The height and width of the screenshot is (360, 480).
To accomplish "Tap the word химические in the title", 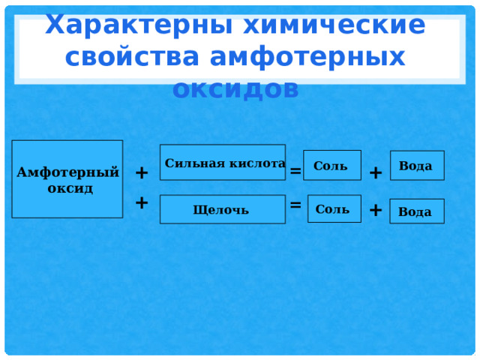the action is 334,25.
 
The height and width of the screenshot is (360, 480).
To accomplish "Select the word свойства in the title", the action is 132,57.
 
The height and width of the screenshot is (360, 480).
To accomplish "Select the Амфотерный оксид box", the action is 67,179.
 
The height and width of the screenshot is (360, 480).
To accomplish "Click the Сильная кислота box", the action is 223,162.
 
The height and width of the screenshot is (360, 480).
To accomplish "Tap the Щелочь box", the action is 223,209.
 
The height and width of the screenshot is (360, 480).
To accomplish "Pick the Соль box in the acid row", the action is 332,165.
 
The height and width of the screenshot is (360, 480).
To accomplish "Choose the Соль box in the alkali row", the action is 334,208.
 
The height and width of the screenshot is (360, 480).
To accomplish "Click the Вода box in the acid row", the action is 417,166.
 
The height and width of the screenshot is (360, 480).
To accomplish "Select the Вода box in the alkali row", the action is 417,211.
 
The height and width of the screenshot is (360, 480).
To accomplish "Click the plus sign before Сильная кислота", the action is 142,173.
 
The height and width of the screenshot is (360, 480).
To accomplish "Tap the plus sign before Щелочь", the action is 142,202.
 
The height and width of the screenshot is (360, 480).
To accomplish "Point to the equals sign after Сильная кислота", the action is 295,171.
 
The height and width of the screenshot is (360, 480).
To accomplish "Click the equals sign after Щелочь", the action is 295,205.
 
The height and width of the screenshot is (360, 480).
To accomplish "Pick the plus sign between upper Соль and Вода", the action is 376,173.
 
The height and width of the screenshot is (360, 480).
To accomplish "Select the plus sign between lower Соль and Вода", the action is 376,210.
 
